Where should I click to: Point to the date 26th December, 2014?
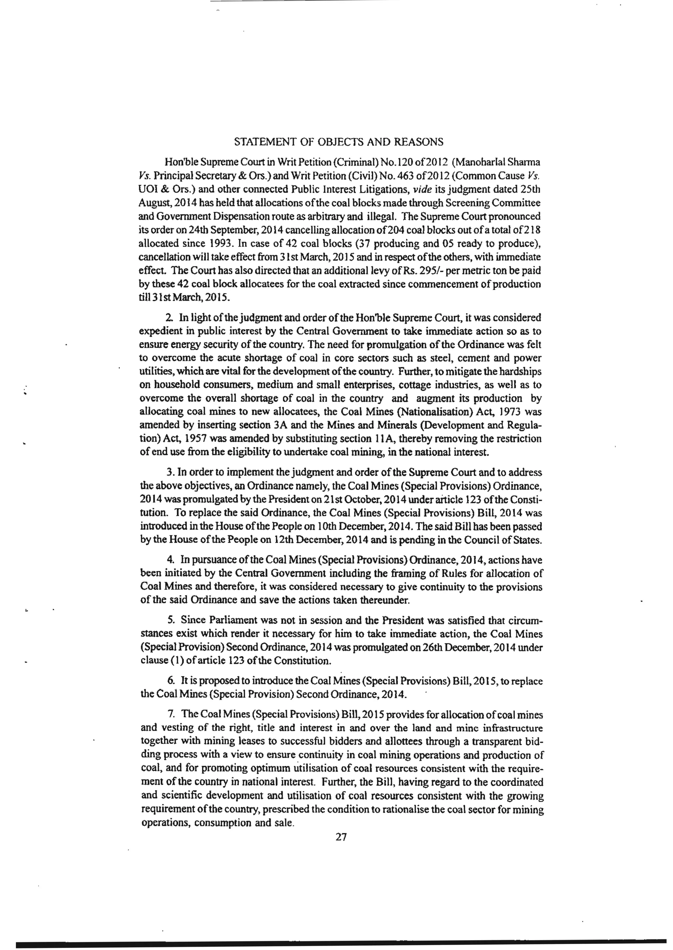pyautogui.click(x=468, y=648)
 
